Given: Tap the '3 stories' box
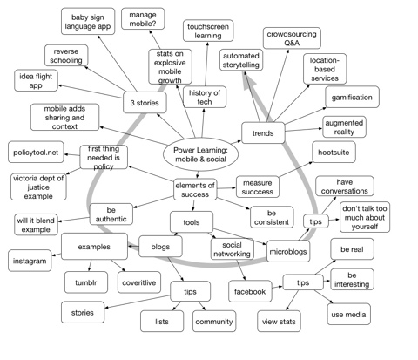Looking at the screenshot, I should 144,103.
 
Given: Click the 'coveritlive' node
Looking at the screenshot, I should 138,281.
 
